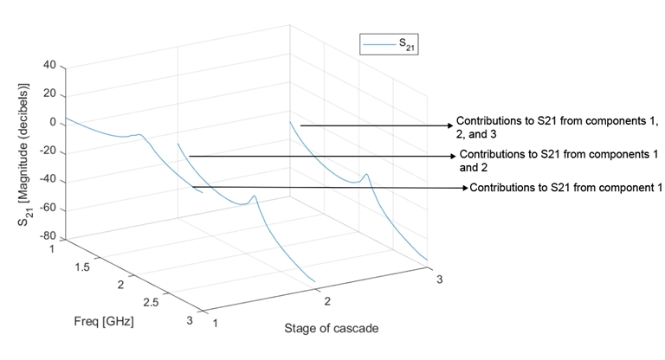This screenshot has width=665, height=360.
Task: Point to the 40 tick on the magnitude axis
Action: click(48, 66)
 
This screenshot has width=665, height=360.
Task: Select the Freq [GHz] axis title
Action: click(103, 321)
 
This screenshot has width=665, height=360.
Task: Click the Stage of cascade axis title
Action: click(331, 329)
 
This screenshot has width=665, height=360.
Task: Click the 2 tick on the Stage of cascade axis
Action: click(327, 300)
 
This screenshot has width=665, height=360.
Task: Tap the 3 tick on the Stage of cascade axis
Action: click(438, 280)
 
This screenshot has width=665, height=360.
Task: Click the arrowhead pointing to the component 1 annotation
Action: click(464, 188)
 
